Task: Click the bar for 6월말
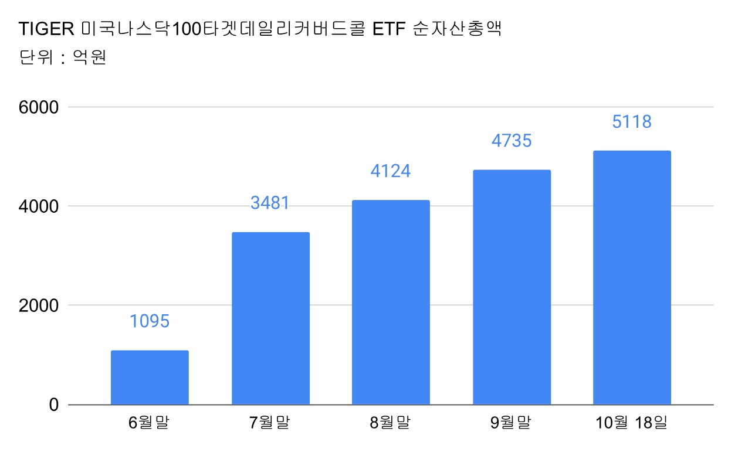pos(150,378)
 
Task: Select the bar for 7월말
pos(270,318)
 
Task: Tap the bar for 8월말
pos(391,303)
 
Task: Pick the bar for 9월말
pos(512,287)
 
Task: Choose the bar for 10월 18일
pos(632,278)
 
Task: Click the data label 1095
pos(150,321)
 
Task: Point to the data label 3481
pos(270,203)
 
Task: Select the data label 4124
pos(391,171)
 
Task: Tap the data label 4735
pos(512,141)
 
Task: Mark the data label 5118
pos(632,122)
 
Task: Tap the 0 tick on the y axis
pos(54,405)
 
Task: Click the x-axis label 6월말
pos(149,422)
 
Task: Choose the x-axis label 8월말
pos(390,422)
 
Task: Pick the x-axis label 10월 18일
pos(632,422)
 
